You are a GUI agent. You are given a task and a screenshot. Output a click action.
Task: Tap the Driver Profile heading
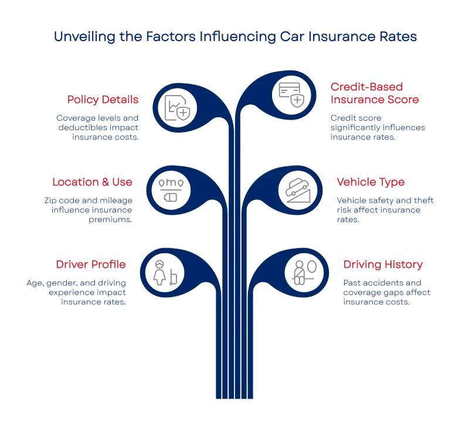point(91,264)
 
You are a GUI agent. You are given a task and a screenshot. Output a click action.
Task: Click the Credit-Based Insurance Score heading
point(375,94)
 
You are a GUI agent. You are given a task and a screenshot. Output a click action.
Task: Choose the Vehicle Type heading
point(371,182)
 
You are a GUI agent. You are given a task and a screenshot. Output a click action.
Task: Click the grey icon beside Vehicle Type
point(298,189)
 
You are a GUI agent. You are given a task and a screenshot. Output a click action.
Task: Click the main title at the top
point(234,37)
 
